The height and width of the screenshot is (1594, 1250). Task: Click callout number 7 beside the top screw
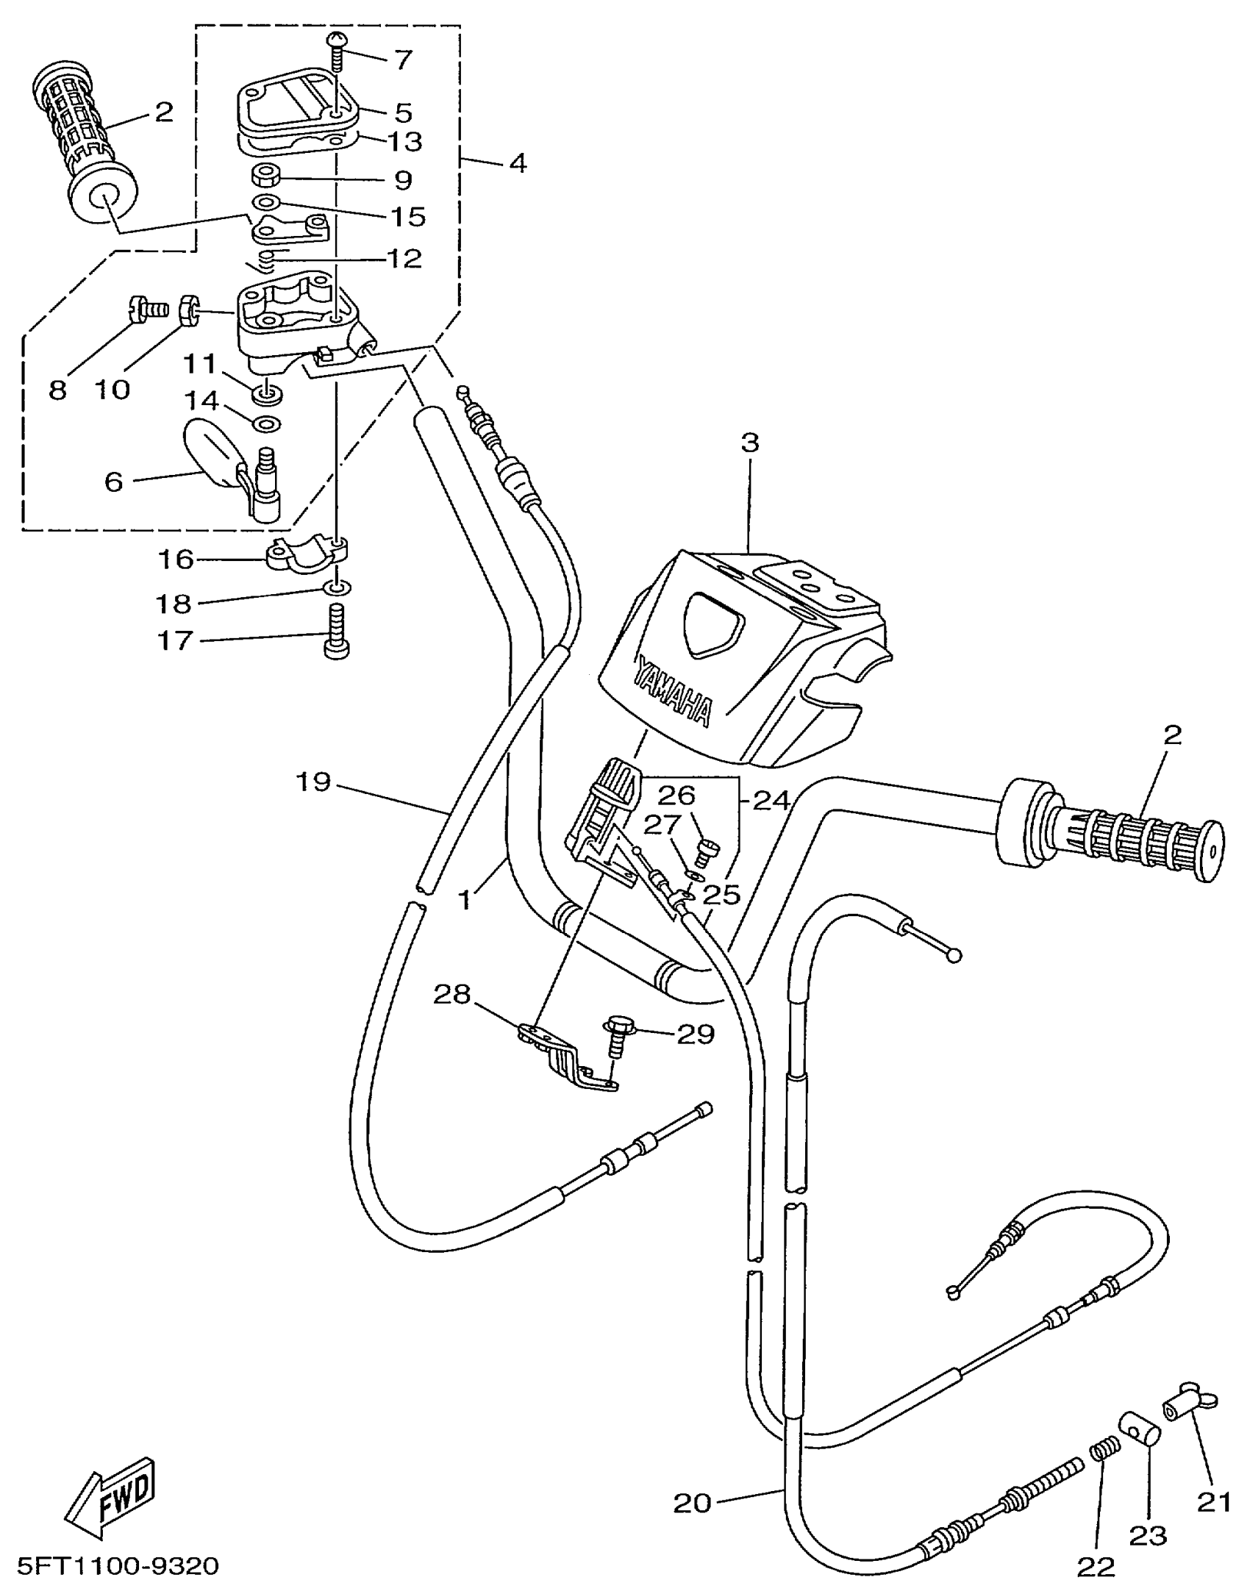tap(402, 60)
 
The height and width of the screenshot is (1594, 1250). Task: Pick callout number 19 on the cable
tap(313, 781)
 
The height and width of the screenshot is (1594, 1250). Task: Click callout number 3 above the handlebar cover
tap(749, 443)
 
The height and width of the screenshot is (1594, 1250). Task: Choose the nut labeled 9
tap(265, 177)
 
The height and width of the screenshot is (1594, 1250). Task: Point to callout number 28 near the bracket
tap(451, 995)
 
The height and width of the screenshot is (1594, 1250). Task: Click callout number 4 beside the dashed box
tap(518, 162)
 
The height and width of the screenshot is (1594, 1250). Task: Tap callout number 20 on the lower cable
tap(693, 1503)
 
